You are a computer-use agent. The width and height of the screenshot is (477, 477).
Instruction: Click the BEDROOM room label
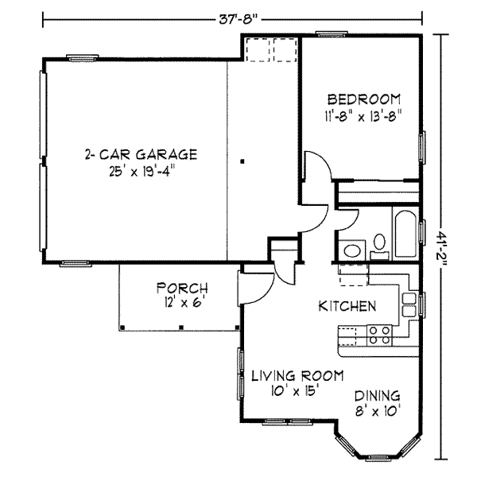click(363, 99)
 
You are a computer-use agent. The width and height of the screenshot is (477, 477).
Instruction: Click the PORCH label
click(182, 288)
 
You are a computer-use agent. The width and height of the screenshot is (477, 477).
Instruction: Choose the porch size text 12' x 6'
click(182, 302)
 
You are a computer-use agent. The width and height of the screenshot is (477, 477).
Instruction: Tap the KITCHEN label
click(347, 306)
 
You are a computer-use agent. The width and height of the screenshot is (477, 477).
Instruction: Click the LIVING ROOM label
click(297, 375)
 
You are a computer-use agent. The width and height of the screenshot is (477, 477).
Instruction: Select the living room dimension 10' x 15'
click(297, 390)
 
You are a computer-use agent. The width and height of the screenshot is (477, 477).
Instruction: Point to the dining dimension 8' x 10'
click(377, 411)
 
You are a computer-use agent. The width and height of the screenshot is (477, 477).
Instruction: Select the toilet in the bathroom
click(379, 244)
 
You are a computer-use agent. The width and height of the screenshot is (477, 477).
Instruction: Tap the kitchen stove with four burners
click(380, 335)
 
